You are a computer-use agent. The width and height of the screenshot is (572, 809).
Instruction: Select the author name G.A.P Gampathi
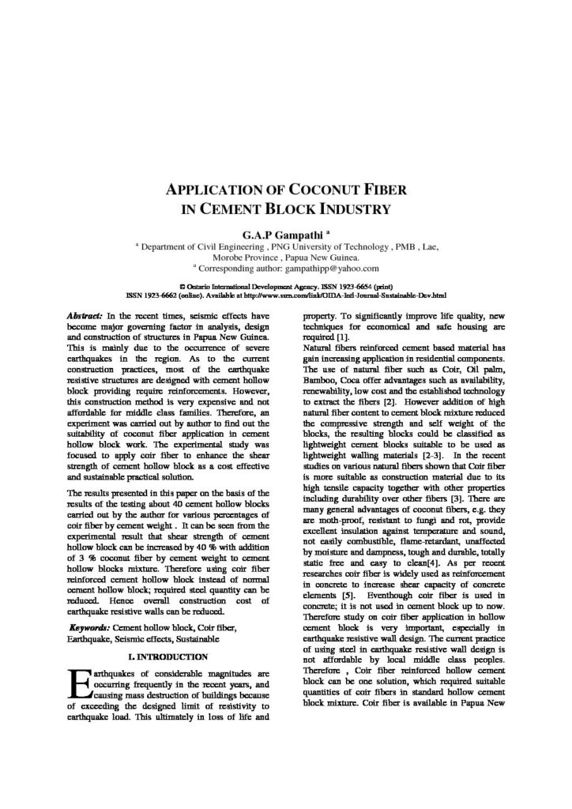[282, 234]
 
